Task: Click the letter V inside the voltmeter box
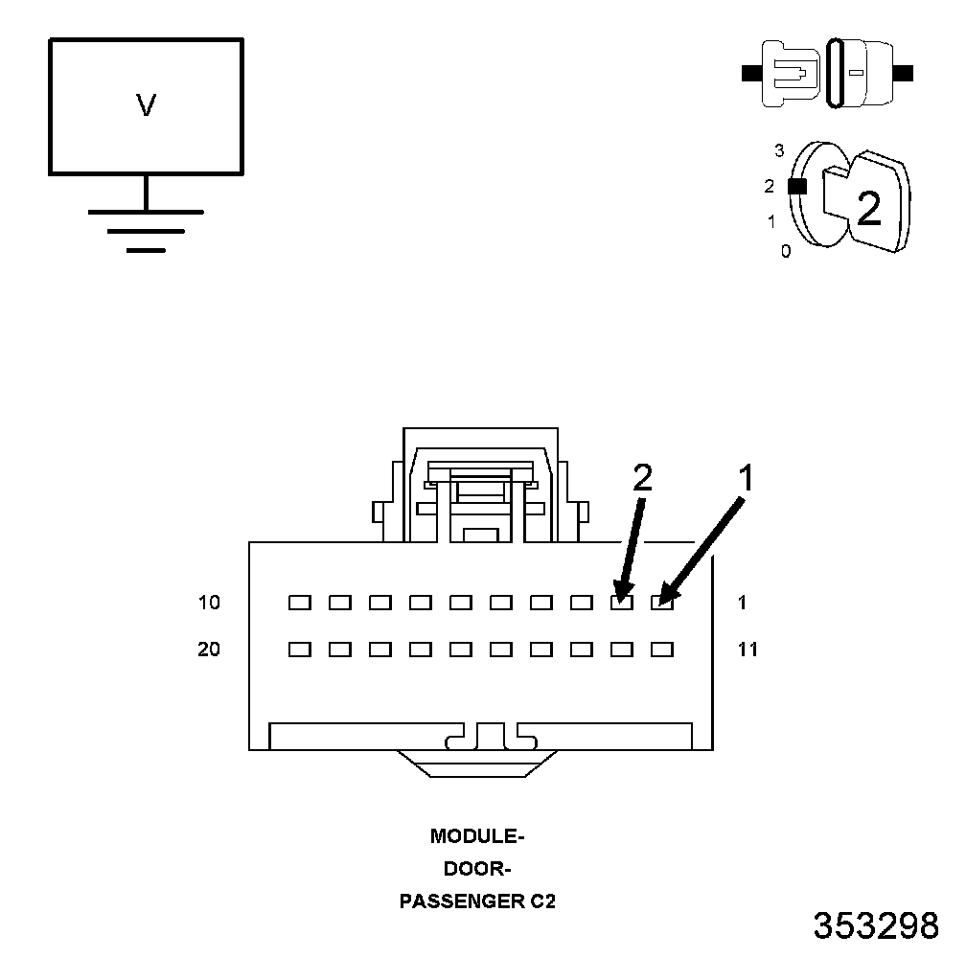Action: (146, 105)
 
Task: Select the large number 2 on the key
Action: (868, 208)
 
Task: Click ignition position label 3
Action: (779, 150)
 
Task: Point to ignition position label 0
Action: (786, 252)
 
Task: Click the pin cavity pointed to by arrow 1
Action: (662, 603)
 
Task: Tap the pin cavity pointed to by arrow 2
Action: (622, 603)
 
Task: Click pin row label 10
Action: (209, 603)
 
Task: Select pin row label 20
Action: (209, 650)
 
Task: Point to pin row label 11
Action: (747, 650)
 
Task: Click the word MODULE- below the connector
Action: (477, 836)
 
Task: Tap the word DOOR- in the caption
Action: (477, 870)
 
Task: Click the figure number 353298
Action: (876, 925)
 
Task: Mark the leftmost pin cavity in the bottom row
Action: (300, 650)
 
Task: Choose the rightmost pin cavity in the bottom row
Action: (662, 650)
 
